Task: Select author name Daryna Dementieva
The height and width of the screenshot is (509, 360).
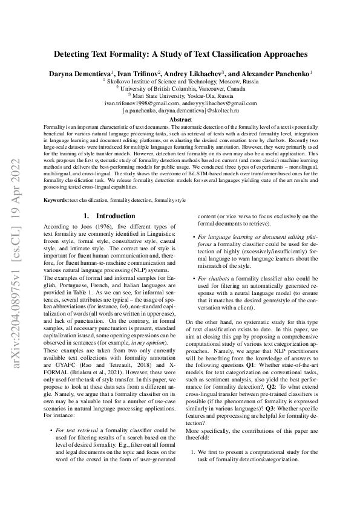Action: click(79, 73)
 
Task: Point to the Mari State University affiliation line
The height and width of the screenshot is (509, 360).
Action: click(180, 96)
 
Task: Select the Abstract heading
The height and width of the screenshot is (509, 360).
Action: click(180, 120)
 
